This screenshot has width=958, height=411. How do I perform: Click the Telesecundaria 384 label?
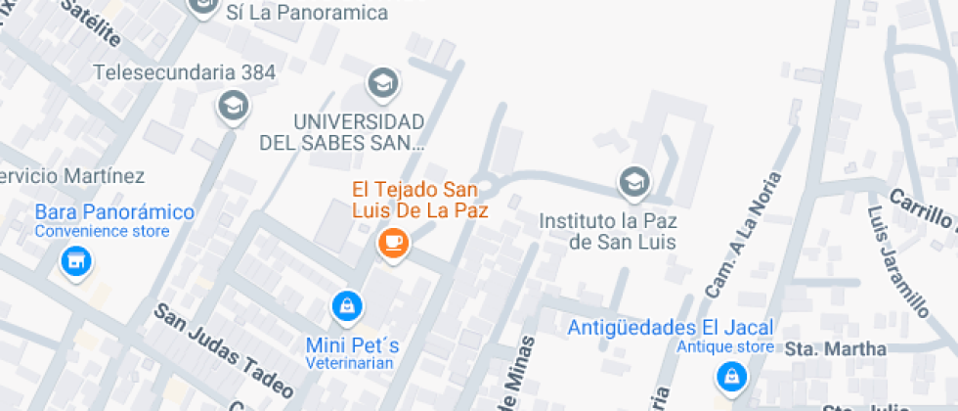pos(185,72)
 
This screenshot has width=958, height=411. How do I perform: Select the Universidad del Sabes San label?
pos(342,132)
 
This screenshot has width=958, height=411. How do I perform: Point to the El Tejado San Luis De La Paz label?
pos(420,199)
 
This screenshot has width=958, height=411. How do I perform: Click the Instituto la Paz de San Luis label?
pos(608,231)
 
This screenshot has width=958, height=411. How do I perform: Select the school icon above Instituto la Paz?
pos(634,181)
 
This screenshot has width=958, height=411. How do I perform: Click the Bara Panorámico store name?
pos(114,212)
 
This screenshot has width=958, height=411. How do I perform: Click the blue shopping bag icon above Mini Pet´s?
pos(345,306)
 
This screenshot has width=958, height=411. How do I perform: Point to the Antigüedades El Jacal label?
pos(671,327)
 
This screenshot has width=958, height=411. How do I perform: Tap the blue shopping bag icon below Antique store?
pos(730,375)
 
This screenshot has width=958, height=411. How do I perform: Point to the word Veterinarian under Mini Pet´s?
pos(349,364)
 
